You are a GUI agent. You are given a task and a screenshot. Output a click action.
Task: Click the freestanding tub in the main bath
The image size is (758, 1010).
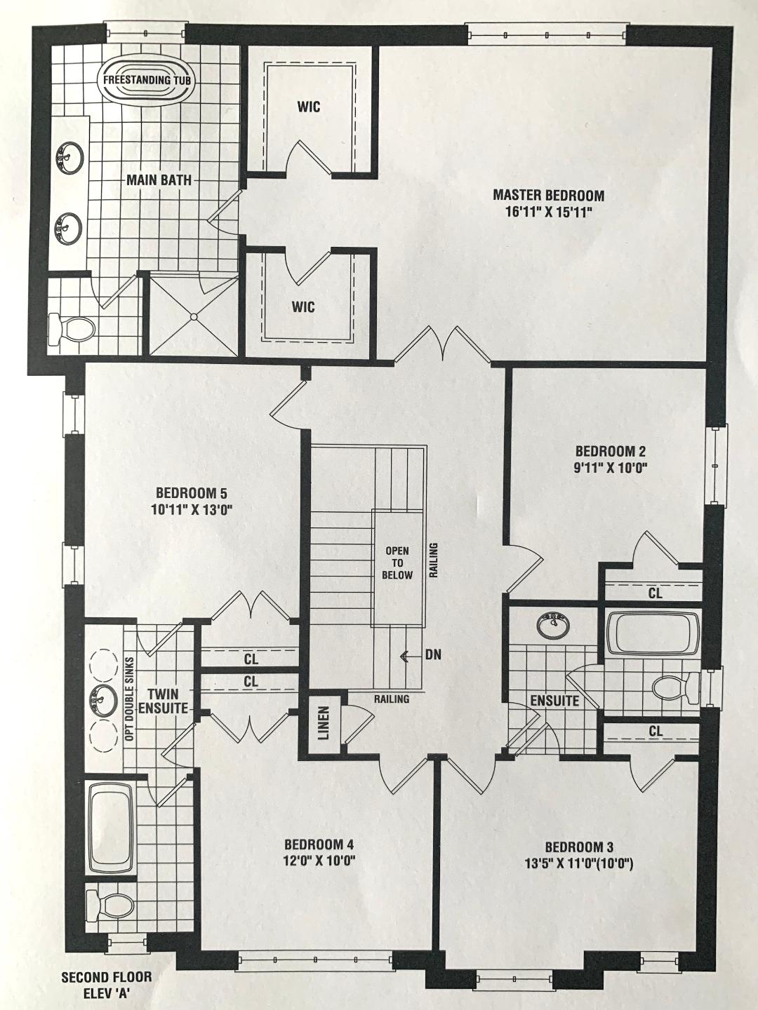click(x=147, y=80)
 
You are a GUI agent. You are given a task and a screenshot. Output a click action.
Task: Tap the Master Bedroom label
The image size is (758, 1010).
click(x=548, y=196)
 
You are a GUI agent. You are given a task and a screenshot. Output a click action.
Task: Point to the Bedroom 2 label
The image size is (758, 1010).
click(x=610, y=450)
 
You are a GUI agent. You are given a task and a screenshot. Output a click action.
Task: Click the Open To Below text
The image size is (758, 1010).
click(x=397, y=563)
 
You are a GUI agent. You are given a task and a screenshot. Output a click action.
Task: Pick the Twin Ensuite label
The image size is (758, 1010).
click(x=163, y=701)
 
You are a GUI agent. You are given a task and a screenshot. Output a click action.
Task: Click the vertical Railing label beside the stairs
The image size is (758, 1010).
click(x=434, y=560)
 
